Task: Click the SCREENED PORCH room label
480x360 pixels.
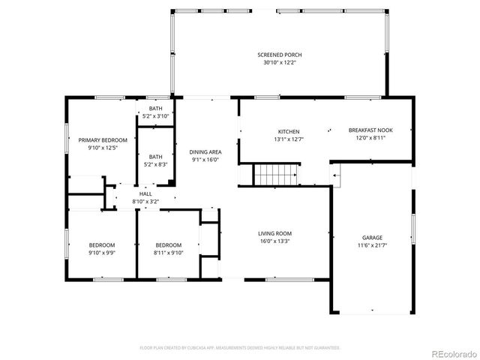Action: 280,55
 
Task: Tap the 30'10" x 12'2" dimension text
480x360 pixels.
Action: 280,63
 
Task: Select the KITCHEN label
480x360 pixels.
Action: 289,130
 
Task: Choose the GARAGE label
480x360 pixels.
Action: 373,237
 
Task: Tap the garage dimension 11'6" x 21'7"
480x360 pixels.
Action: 373,245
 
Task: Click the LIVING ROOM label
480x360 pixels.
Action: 275,233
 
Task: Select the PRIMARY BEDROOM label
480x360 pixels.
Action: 103,139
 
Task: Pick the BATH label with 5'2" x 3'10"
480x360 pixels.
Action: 155,108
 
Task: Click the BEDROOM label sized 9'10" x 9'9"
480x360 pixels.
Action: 102,245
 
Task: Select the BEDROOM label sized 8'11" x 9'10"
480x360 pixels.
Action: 169,245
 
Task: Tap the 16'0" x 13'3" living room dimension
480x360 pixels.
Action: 275,241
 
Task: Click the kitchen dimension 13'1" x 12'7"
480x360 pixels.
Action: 289,139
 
